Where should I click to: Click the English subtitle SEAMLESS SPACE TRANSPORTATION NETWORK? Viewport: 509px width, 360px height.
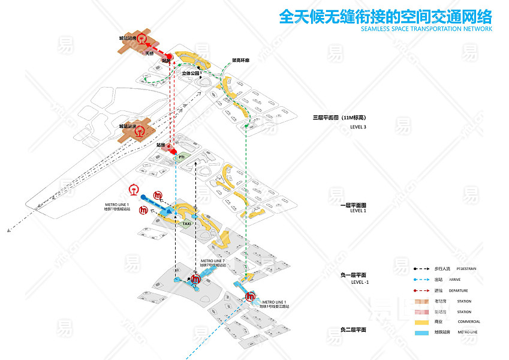click(x=426, y=28)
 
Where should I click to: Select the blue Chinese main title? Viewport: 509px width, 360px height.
click(x=385, y=15)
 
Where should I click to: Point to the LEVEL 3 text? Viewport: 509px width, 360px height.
click(x=358, y=127)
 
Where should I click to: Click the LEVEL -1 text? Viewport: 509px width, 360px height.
click(x=360, y=281)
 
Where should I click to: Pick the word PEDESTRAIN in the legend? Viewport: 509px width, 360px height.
click(x=466, y=268)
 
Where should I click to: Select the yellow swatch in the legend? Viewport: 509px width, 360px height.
click(x=422, y=322)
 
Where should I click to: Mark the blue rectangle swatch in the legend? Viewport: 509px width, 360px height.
click(x=422, y=332)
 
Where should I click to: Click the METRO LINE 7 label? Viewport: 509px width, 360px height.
click(x=213, y=261)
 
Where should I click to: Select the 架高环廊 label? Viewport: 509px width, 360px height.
click(x=240, y=60)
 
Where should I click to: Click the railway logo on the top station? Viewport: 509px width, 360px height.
click(x=141, y=38)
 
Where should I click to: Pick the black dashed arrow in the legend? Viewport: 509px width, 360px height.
click(x=422, y=268)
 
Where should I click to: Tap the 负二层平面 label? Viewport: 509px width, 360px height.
click(x=353, y=330)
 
